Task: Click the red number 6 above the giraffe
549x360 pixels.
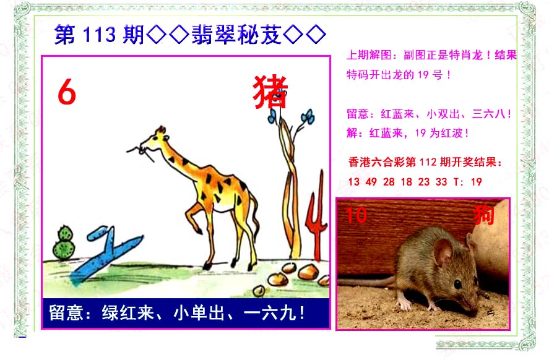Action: click(67, 92)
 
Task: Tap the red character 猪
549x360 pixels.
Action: click(270, 92)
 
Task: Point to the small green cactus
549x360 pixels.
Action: click(64, 242)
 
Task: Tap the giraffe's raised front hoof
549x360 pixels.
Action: click(199, 230)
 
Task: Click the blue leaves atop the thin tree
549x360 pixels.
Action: click(291, 116)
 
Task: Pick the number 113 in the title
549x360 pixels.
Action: click(99, 35)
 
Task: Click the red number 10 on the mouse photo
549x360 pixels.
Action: click(356, 215)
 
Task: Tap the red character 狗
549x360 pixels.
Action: click(484, 215)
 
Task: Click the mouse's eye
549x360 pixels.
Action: click(457, 284)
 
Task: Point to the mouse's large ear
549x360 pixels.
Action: click(443, 251)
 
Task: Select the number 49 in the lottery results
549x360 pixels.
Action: click(371, 182)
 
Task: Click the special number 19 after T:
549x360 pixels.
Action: click(476, 182)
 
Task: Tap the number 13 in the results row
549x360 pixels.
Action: click(353, 182)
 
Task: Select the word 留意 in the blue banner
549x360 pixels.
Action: click(66, 312)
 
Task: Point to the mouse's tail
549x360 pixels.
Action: click(367, 282)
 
